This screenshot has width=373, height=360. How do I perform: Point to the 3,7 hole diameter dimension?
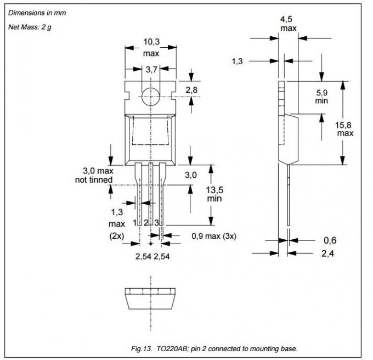151,69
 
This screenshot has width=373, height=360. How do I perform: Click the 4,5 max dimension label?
289,23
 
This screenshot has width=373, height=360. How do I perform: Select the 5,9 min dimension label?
321,97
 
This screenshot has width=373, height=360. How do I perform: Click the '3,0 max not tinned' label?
94,176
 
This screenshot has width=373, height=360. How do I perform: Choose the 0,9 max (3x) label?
213,236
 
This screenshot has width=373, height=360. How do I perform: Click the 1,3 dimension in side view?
237,61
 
